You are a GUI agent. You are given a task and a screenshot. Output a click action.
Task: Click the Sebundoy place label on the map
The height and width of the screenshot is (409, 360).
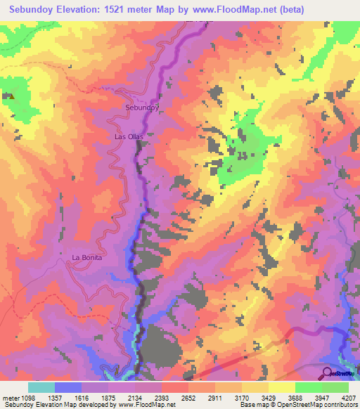click(x=141, y=108)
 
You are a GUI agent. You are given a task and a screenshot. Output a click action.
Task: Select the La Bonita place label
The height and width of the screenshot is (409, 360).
click(x=87, y=258)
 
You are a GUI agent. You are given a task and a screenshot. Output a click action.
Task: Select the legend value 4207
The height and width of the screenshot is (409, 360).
click(x=349, y=397)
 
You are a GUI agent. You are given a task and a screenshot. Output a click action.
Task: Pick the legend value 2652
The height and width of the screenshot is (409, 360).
click(x=188, y=397)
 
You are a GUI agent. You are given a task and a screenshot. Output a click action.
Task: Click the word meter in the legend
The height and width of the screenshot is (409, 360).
click(x=9, y=397)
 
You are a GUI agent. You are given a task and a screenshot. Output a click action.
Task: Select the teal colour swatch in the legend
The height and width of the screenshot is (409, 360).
click(x=41, y=387)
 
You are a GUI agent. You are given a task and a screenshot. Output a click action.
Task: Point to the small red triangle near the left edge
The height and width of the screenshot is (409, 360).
click(x=12, y=94)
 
